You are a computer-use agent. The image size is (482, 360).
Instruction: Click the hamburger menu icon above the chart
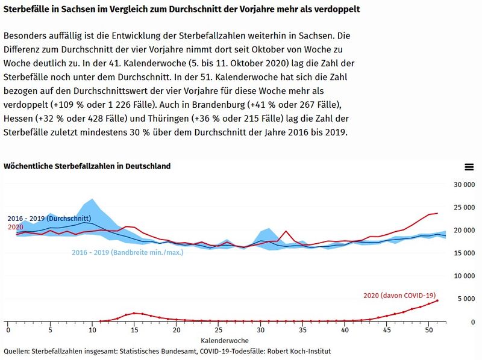469,167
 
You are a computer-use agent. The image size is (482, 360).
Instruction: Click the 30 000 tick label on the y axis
465,184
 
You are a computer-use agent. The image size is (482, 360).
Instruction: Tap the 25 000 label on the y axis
465,207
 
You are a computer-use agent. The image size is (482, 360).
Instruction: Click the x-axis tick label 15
134,331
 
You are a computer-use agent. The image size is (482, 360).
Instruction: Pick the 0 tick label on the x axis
8,331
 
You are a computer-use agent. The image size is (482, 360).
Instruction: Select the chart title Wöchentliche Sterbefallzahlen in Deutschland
87,166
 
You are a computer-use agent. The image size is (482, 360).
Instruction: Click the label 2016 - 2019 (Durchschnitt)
49,218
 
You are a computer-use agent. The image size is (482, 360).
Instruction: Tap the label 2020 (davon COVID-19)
399,295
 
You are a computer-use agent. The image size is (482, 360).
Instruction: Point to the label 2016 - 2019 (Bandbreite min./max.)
127,252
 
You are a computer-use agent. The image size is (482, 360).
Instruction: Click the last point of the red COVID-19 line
437,300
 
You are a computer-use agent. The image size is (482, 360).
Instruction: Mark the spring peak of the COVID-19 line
134,313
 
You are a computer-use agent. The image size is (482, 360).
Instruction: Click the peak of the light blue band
92,199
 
